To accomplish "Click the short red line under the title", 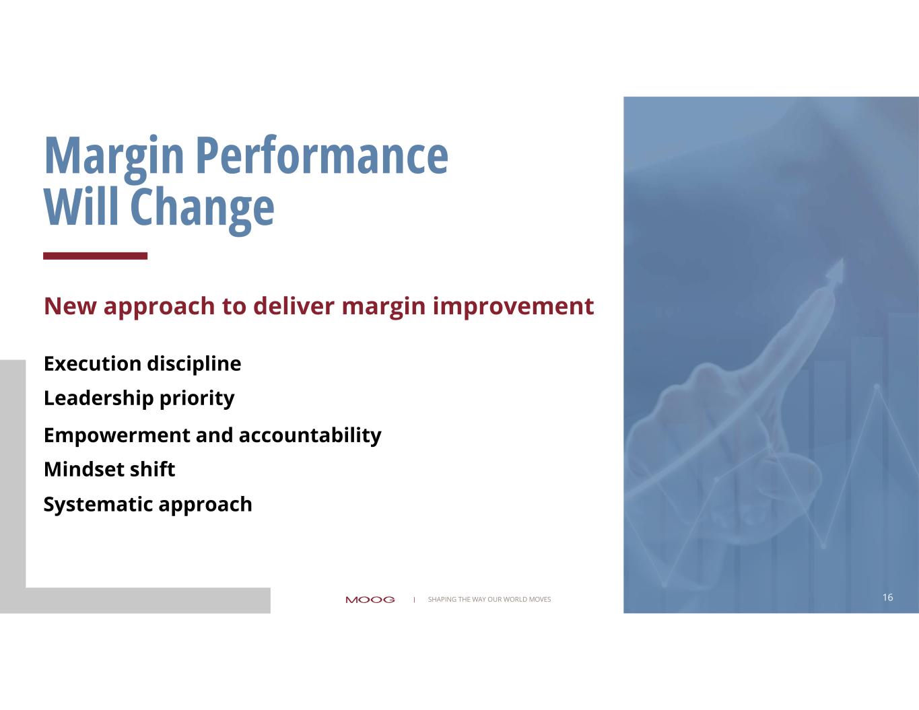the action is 95,256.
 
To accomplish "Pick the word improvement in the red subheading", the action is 513,307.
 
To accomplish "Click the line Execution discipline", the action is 143,364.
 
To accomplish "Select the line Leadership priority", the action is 139,398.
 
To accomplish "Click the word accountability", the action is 310,435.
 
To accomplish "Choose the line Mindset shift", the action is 110,469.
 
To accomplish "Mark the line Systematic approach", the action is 148,505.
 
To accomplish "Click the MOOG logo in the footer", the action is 370,600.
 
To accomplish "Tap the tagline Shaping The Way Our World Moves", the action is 489,599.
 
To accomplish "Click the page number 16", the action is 888,597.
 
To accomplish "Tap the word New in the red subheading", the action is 70,306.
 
